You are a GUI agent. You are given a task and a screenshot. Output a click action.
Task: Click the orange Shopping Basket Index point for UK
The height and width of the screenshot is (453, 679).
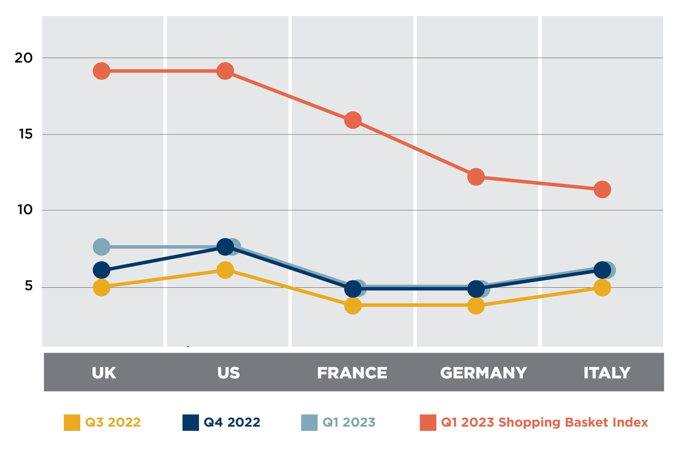point(102,71)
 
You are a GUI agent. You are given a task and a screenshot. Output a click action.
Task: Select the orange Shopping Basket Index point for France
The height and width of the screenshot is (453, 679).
point(353,120)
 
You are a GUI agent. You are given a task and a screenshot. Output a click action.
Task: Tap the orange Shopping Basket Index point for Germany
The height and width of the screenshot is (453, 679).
point(476,177)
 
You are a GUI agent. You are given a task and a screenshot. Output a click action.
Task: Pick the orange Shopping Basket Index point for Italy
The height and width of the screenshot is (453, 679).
point(602,189)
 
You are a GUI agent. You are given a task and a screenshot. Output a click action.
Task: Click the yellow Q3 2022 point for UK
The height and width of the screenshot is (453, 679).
point(102,288)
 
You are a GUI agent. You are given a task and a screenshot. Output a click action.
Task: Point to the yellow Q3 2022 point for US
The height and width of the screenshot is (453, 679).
point(225,270)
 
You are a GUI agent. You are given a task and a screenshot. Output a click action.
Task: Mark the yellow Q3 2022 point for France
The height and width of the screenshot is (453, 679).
point(353,305)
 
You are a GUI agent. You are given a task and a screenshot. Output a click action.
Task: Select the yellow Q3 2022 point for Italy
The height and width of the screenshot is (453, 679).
point(602,288)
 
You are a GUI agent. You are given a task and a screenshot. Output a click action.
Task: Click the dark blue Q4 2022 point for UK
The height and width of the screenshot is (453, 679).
point(102,270)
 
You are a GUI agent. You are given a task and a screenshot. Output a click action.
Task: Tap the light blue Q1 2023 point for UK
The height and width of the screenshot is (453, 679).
point(102,247)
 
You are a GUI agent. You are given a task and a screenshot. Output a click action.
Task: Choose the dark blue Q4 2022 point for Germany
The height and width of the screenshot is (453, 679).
point(476,289)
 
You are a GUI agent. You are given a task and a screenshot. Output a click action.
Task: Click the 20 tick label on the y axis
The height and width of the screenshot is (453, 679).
point(23,58)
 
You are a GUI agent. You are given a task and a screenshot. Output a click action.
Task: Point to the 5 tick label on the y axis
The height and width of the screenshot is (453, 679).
point(29,286)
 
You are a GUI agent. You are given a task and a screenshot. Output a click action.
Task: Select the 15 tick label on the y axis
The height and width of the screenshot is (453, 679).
point(25,134)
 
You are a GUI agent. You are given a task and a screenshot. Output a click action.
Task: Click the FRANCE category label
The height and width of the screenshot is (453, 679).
point(352,373)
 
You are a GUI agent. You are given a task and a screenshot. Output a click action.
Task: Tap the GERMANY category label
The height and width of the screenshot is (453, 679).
point(483,373)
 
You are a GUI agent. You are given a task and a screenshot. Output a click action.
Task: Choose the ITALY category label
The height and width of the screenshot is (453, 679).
point(607,373)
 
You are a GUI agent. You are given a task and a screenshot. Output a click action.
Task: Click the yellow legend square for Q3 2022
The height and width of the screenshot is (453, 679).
point(72,422)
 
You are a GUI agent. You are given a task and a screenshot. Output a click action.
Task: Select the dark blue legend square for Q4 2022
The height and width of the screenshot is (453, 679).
point(190,422)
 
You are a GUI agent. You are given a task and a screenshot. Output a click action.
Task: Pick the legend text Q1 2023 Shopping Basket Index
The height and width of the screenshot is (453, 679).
point(544,422)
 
